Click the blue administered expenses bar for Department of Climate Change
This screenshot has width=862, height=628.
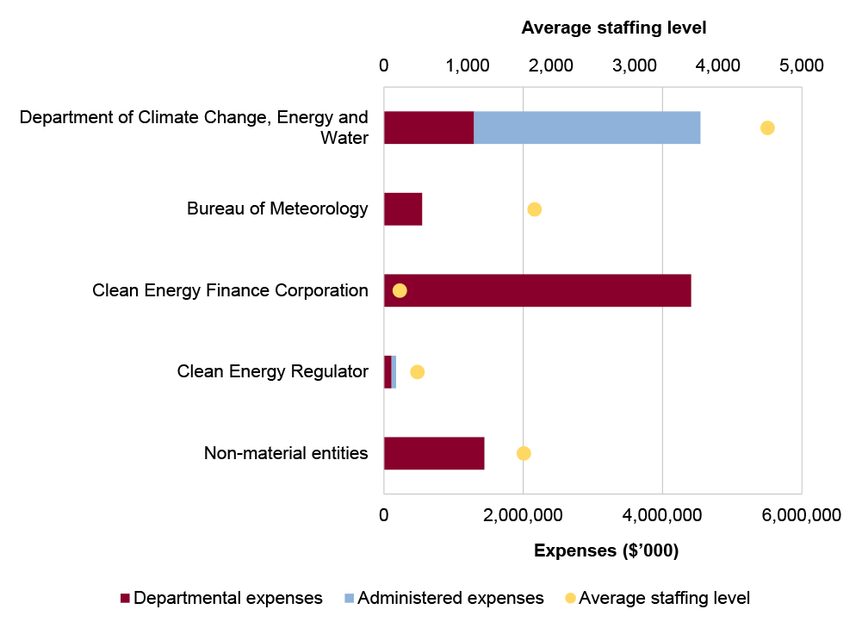pyautogui.click(x=586, y=127)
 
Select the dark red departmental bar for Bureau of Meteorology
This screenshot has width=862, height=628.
pyautogui.click(x=403, y=208)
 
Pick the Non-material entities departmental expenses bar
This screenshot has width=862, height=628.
pyautogui.click(x=434, y=453)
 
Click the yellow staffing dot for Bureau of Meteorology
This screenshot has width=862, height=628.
pyautogui.click(x=534, y=209)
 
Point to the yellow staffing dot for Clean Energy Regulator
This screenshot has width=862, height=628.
pyautogui.click(x=418, y=371)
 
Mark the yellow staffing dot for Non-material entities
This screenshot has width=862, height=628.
pyautogui.click(x=524, y=453)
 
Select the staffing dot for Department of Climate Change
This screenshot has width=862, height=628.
pyautogui.click(x=767, y=127)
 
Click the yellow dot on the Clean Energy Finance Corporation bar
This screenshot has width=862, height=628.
pyautogui.click(x=400, y=290)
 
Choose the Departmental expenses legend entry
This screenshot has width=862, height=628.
pyautogui.click(x=221, y=598)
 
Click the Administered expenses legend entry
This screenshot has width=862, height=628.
pyautogui.click(x=443, y=598)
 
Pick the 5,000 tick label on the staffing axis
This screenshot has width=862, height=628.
pyautogui.click(x=802, y=65)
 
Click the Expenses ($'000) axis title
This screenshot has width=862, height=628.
pyautogui.click(x=606, y=551)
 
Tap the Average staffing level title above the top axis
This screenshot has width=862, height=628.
pyautogui.click(x=613, y=28)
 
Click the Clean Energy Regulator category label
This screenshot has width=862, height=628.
pyautogui.click(x=272, y=371)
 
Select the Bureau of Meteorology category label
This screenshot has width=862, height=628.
pyautogui.click(x=277, y=208)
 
